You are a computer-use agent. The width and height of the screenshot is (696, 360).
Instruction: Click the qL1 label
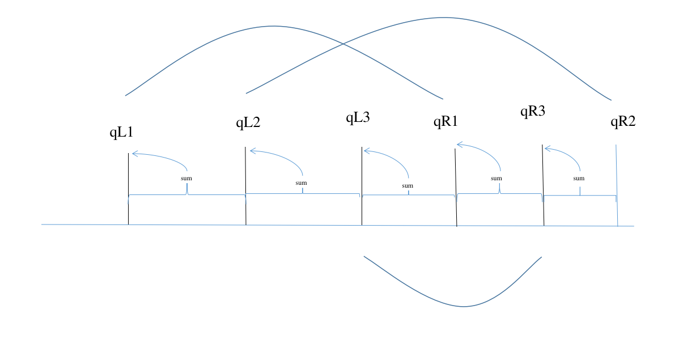121,133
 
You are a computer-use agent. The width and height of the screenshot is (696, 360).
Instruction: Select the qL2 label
248,122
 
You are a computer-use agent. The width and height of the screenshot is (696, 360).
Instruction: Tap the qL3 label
358,118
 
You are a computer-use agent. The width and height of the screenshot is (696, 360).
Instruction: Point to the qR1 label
445,121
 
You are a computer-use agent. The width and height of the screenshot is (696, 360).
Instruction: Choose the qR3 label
533,111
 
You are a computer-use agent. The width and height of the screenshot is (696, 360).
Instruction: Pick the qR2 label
623,121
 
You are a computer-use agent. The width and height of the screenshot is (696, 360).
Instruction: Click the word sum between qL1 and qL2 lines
186,179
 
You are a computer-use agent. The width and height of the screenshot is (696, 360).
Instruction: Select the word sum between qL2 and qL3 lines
301,183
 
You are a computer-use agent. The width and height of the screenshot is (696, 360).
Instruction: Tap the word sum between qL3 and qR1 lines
408,185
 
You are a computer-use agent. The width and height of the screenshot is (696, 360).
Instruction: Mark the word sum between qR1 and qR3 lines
496,179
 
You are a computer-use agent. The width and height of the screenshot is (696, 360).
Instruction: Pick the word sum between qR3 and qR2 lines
579,179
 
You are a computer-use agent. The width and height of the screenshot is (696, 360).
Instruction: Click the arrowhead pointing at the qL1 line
134,153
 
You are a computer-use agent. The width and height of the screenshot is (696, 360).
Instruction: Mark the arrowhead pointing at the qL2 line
252,151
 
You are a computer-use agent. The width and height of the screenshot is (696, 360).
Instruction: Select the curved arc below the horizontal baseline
464,306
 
